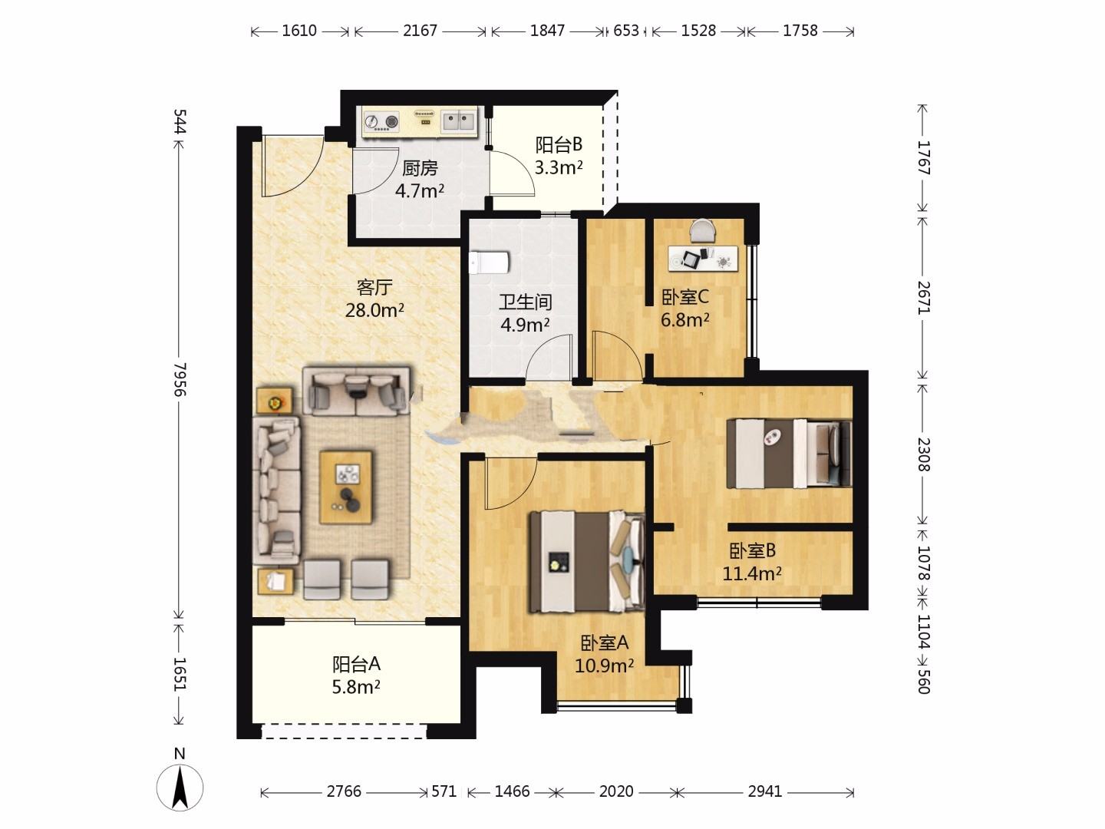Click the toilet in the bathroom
point(489,263)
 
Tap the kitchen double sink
point(458,121)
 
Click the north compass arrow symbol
point(180,788)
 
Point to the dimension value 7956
point(180,379)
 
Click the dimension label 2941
point(765,791)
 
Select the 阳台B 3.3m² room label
point(559,156)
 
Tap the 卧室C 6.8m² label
point(685,308)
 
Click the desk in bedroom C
point(703,259)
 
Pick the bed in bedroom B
point(789,454)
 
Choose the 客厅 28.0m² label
point(374,299)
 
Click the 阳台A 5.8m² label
point(356,675)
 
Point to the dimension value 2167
point(420,31)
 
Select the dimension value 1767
point(924,157)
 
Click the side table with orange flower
point(275,401)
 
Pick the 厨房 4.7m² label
point(419,179)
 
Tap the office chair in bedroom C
point(703,230)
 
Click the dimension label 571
point(444,791)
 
